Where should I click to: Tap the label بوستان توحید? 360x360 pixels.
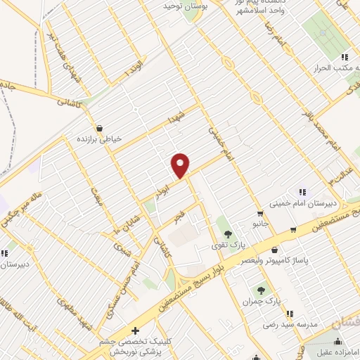tap(163, 6)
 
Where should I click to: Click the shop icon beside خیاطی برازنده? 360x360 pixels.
tap(99, 129)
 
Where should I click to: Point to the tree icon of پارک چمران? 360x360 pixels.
tap(261, 290)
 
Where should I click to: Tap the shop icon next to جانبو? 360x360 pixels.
tap(261, 214)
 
